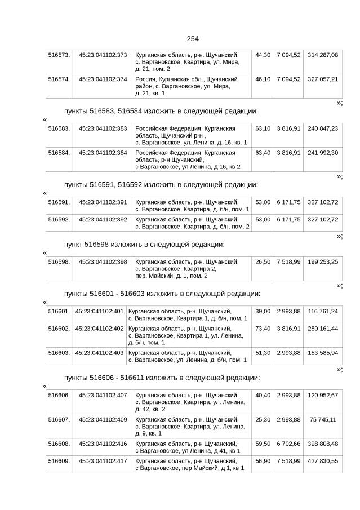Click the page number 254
[x=193, y=39]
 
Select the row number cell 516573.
[x=59, y=55]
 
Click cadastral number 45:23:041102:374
[x=103, y=79]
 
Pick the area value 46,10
[x=263, y=79]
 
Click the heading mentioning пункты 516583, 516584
[x=161, y=110]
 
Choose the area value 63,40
[x=263, y=153]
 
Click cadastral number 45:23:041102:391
[x=103, y=202]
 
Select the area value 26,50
[x=263, y=262]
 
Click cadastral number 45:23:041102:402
[x=99, y=329]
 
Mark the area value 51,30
[x=263, y=353]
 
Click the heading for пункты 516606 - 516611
[x=162, y=378]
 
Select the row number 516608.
[x=59, y=444]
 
